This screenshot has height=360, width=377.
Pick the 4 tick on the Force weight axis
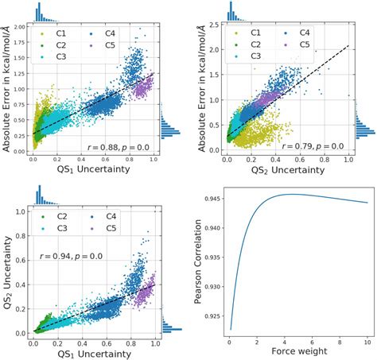pyautogui.click(x=277, y=340)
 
